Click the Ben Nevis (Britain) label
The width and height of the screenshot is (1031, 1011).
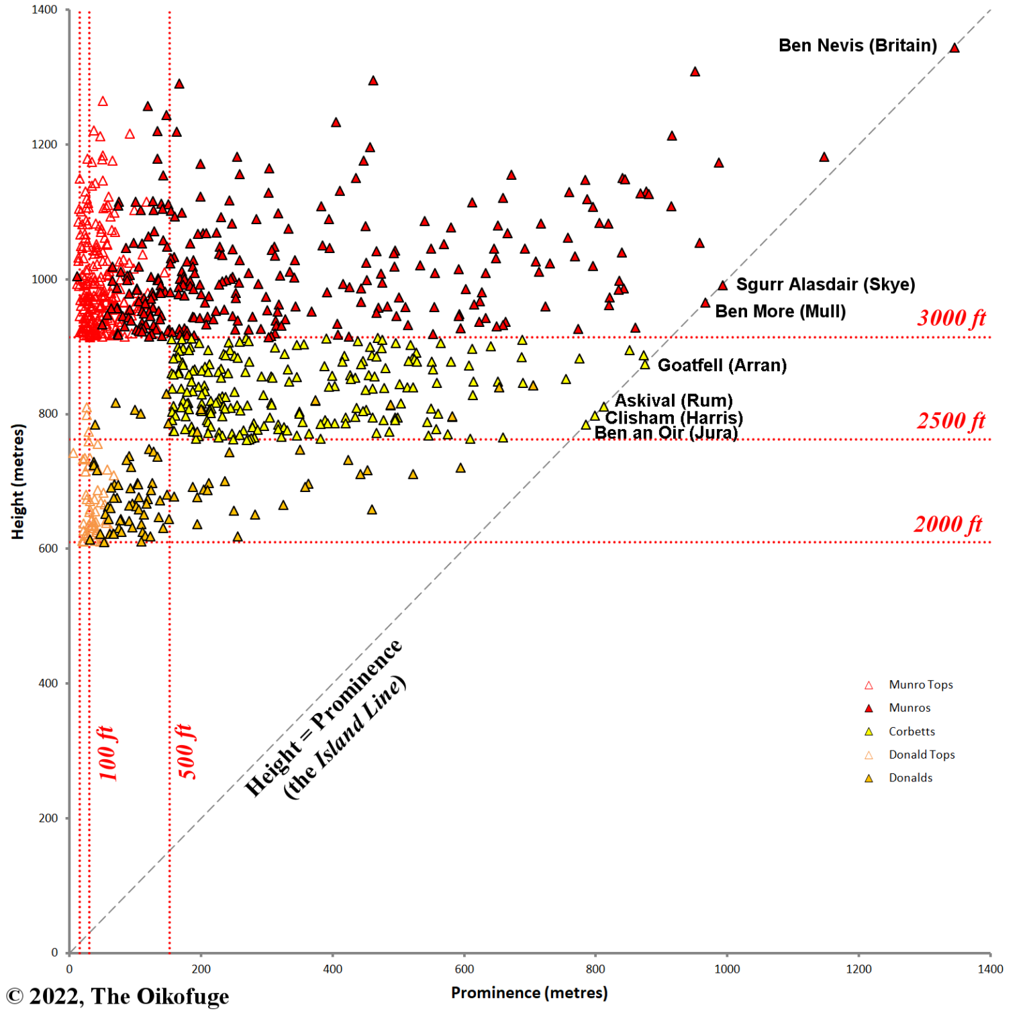pyautogui.click(x=857, y=46)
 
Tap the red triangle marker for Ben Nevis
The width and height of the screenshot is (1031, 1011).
pyautogui.click(x=954, y=48)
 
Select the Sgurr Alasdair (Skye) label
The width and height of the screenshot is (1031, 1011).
pyautogui.click(x=825, y=285)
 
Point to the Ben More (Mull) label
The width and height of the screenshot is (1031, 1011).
pyautogui.click(x=780, y=311)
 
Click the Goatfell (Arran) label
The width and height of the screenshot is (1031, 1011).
pyautogui.click(x=722, y=365)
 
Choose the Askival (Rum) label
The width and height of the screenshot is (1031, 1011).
pyautogui.click(x=673, y=401)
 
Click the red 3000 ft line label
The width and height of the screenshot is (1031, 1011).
pyautogui.click(x=951, y=318)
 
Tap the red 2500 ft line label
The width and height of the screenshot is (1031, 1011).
pyautogui.click(x=950, y=421)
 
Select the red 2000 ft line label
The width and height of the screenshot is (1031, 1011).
pyautogui.click(x=948, y=524)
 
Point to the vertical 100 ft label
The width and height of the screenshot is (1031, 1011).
pyautogui.click(x=107, y=753)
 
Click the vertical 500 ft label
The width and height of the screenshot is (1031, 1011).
pyautogui.click(x=186, y=752)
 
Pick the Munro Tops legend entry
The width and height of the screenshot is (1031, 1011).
pyautogui.click(x=920, y=685)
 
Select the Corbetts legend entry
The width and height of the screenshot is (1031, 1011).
pyautogui.click(x=912, y=732)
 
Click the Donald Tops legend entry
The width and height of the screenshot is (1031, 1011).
pyautogui.click(x=921, y=755)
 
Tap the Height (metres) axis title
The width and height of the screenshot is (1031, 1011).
pyautogui.click(x=17, y=481)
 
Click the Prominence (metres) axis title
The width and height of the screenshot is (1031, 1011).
pyautogui.click(x=529, y=993)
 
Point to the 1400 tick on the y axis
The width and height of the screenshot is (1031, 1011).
pyautogui.click(x=44, y=10)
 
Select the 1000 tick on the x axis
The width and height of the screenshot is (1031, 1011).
pyautogui.click(x=726, y=969)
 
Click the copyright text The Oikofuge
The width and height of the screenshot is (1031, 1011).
pyautogui.click(x=118, y=996)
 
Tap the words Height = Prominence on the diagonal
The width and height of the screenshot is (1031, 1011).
pyautogui.click(x=323, y=718)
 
